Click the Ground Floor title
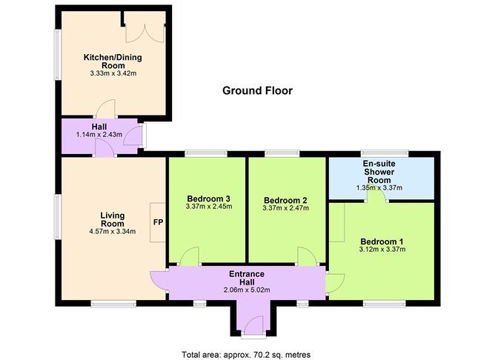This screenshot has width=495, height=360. [x=257, y=91]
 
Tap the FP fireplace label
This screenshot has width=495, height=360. [x=158, y=222]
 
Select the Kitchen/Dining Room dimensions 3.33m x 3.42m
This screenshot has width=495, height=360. [x=113, y=73]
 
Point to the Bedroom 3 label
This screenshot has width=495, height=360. [x=208, y=199]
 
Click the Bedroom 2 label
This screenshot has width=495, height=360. [x=285, y=200]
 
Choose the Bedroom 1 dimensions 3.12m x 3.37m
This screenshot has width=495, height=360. [x=382, y=249]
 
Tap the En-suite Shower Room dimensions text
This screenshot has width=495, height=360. [x=379, y=187]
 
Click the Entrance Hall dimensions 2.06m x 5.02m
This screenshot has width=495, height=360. [x=247, y=290]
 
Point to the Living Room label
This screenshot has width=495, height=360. [x=113, y=219]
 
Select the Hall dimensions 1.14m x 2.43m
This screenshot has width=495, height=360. [x=99, y=134]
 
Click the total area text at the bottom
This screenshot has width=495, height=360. [x=246, y=355]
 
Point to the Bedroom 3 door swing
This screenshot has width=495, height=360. [x=190, y=256]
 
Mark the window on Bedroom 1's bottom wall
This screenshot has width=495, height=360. [x=384, y=304]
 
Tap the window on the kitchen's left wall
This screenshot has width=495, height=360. [x=58, y=55]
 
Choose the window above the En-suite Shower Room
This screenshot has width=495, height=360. [x=385, y=153]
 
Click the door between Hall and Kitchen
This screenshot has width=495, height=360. [x=105, y=108]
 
